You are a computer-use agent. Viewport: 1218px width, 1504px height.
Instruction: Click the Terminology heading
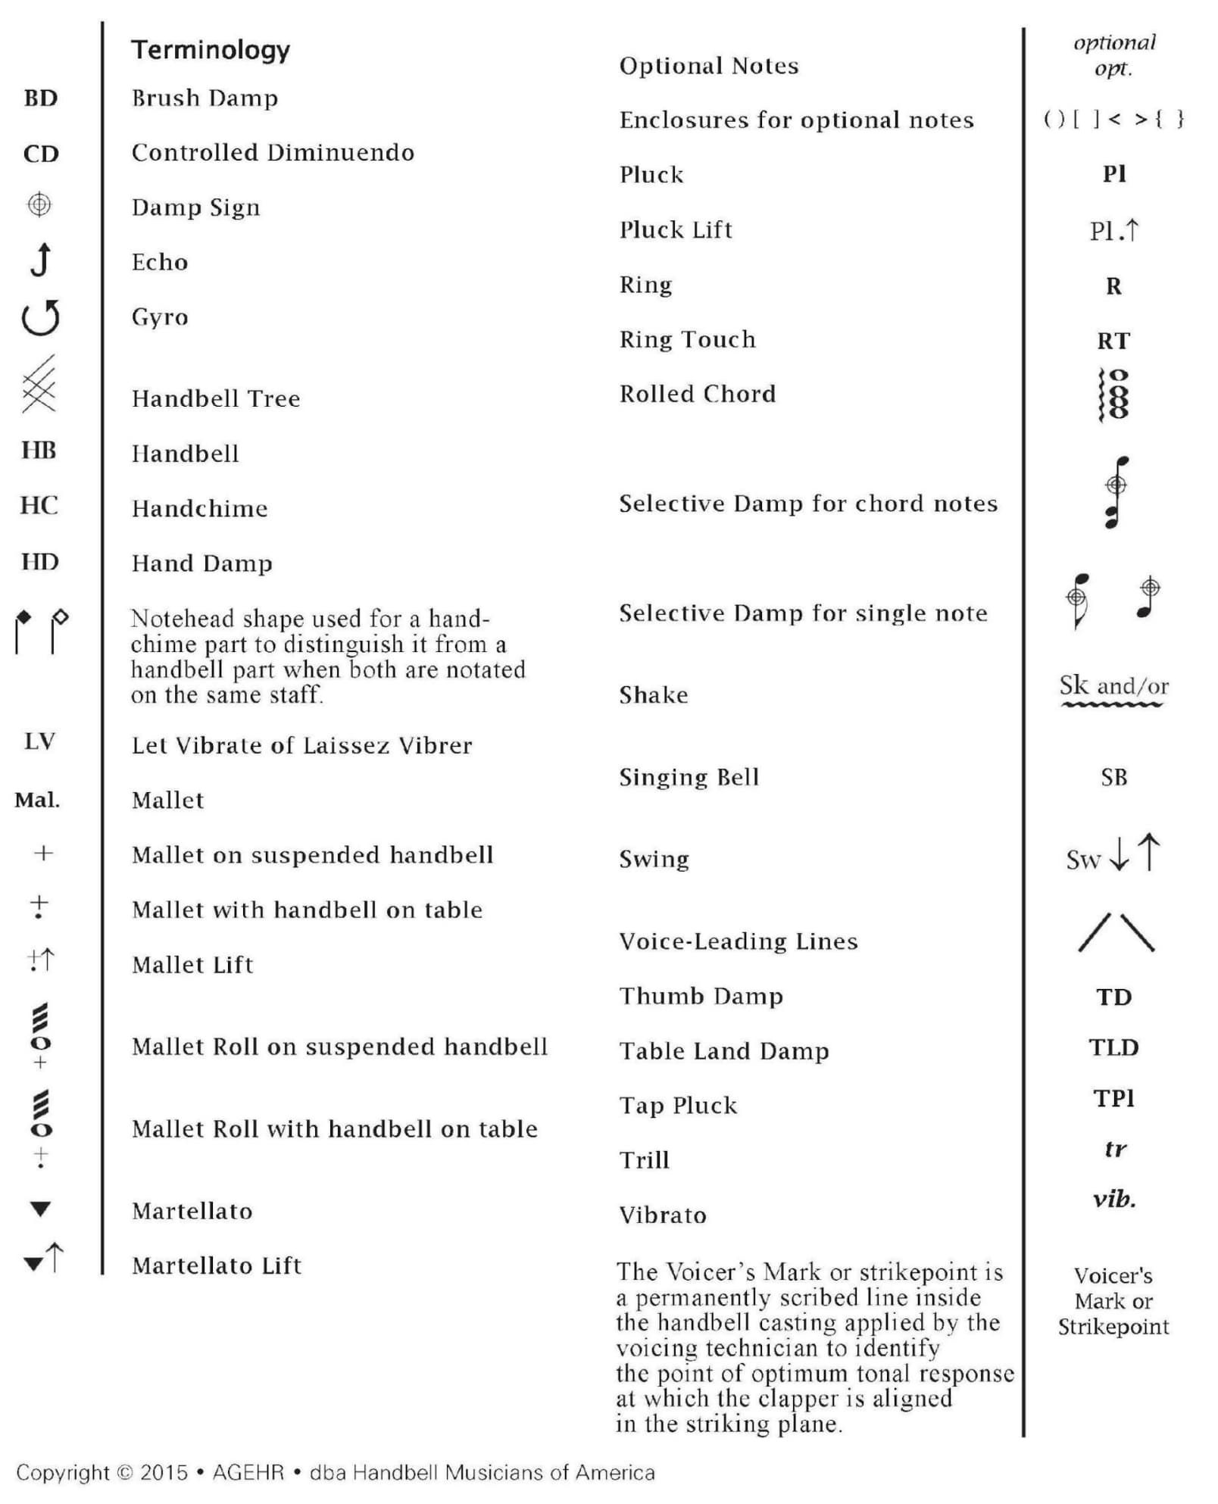211,50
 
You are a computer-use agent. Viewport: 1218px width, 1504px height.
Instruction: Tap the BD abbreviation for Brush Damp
41,98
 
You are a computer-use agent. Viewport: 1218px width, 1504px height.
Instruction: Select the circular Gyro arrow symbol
41,317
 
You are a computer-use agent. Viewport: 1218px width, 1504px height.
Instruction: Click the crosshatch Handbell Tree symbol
39,384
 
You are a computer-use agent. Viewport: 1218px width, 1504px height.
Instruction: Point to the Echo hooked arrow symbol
42,260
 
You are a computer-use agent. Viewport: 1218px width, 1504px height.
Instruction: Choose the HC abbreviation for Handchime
39,506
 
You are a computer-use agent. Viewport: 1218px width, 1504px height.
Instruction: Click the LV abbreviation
39,741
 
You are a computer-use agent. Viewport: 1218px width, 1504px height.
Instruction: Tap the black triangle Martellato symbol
40,1209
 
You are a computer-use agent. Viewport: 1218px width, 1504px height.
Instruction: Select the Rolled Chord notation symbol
1113,394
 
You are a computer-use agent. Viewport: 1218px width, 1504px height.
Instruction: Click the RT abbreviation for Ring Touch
1113,341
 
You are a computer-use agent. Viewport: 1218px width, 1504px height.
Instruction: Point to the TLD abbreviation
1113,1048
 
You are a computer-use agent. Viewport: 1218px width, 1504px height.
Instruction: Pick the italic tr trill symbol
1114,1150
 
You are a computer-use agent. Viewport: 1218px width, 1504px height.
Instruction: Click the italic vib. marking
1113,1200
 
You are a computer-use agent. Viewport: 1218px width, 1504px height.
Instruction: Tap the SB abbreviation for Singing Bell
1113,778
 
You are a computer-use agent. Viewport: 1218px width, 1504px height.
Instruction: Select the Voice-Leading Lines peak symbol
1116,933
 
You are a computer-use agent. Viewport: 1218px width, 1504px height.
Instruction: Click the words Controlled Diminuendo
273,153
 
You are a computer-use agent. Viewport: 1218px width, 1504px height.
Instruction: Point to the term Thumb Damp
701,997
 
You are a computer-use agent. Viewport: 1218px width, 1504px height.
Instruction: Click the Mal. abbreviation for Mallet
37,800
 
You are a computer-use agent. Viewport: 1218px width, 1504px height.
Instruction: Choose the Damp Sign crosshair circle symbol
39,204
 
